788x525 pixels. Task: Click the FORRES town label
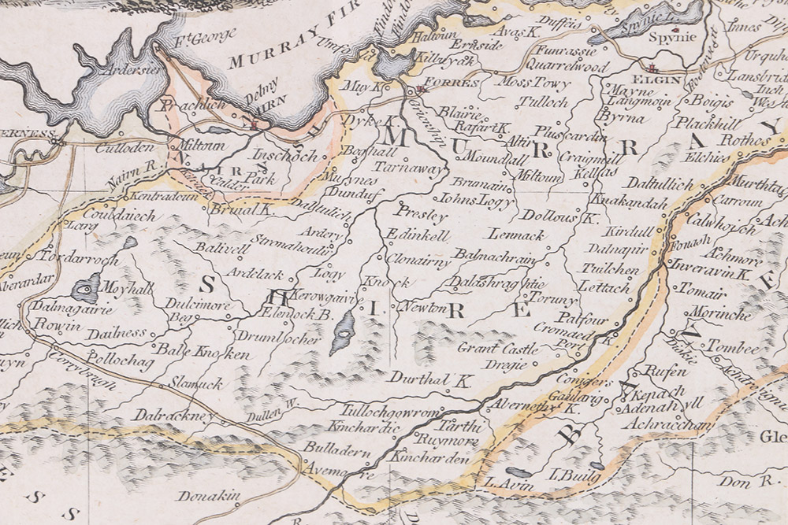click(x=450, y=83)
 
